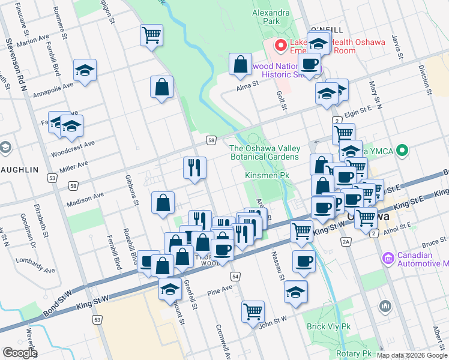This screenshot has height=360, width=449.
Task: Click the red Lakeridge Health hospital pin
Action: [280, 45]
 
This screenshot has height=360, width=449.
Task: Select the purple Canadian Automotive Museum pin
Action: [388, 259]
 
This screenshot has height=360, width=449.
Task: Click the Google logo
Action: [19, 352]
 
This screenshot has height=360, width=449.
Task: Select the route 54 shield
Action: [235, 276]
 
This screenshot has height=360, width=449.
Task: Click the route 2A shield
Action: [345, 241]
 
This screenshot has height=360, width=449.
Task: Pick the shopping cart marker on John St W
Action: [253, 311]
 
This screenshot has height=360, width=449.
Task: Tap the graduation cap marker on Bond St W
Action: [170, 288]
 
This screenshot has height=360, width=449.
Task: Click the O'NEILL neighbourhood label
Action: [328, 29]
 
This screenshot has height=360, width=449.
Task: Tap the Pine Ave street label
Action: [219, 290]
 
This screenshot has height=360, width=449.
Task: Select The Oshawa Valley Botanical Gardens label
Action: [264, 152]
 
